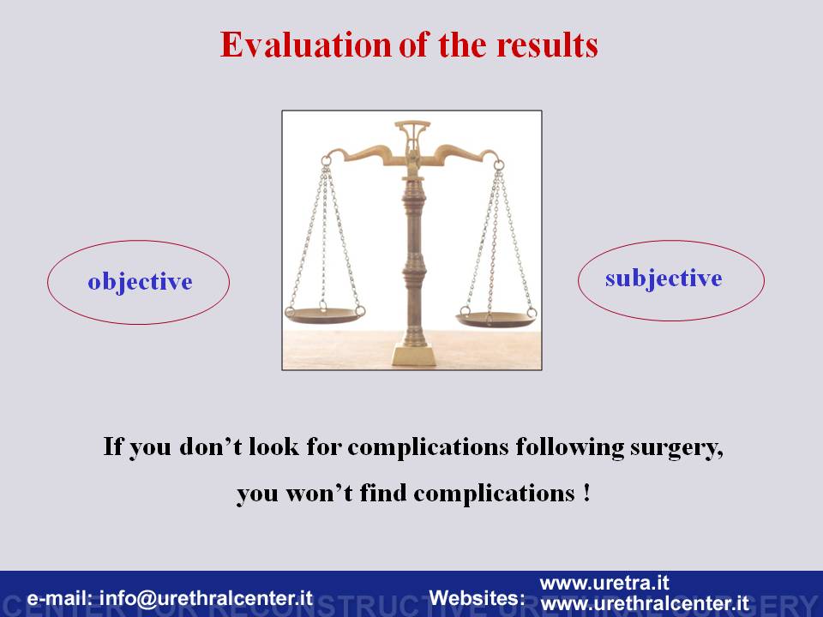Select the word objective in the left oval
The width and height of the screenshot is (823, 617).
140,282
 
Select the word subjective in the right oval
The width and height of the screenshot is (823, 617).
664,279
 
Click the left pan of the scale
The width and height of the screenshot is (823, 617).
325,314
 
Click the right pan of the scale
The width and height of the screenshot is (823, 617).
496,319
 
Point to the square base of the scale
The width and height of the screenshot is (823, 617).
413,355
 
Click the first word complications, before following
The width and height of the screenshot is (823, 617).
428,447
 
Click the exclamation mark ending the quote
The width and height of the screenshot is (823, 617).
586,493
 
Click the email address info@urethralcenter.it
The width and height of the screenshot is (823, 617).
206,598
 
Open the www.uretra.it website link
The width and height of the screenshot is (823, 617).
604,583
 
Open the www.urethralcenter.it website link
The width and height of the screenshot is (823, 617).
644,603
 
